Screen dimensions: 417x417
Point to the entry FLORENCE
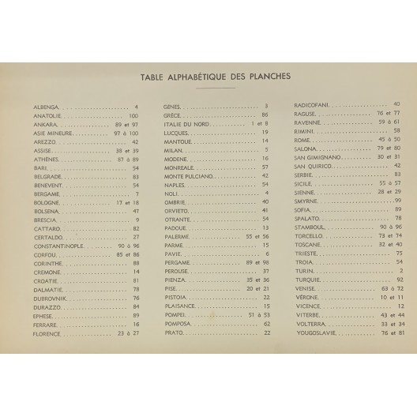point(47,333)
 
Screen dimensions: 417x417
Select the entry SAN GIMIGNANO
point(318,157)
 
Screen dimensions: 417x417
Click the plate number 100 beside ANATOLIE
point(133,115)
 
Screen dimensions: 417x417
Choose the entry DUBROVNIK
point(51,298)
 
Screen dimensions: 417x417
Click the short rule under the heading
point(209,88)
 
